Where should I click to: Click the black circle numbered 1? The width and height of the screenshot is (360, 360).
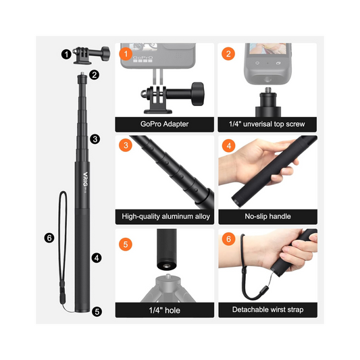tap(66, 55)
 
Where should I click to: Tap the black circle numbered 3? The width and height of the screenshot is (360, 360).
tap(95, 139)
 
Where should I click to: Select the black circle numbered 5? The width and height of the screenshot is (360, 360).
tap(97, 311)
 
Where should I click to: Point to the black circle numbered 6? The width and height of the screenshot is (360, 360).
tap(49, 238)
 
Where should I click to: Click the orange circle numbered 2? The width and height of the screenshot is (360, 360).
tap(228, 54)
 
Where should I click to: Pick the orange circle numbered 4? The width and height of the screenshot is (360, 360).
tap(229, 146)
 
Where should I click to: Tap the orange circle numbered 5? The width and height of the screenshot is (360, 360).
tap(126, 245)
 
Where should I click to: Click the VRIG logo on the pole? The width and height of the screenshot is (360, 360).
tap(85, 179)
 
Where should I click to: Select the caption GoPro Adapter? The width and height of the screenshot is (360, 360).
tap(164, 124)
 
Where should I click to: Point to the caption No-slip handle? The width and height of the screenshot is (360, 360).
tap(267, 216)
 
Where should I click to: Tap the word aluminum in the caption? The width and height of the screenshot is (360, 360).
tap(178, 216)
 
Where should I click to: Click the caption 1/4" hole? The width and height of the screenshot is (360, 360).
tap(164, 310)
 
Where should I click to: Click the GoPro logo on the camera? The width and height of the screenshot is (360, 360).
tap(143, 57)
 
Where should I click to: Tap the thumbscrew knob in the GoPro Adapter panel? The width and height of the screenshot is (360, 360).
tap(198, 94)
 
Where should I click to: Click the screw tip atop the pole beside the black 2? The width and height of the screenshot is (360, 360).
tap(82, 74)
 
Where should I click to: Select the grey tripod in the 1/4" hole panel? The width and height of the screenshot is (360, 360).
tap(168, 288)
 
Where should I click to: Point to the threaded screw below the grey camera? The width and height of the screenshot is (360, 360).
tap(267, 90)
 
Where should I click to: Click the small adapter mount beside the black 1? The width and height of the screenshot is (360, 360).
tap(91, 55)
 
